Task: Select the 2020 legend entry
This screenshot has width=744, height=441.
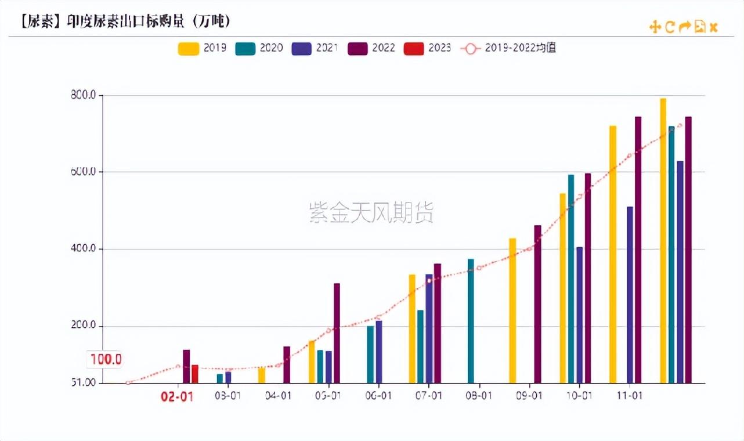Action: pos(259,48)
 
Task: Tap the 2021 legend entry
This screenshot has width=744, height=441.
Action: pos(315,48)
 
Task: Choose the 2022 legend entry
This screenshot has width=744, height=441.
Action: pos(371,48)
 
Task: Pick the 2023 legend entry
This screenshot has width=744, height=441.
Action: pos(428,48)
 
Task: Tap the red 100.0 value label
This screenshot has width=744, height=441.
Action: pos(106,359)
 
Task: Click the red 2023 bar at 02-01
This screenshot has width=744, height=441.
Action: pos(195,374)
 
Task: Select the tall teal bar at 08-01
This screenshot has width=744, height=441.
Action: pos(471,320)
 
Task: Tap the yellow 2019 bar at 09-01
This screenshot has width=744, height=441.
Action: pos(512,310)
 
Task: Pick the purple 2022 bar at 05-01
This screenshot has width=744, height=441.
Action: pos(337,332)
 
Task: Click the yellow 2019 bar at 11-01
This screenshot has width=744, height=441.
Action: pos(613,254)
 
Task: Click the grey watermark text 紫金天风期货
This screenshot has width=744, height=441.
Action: pos(371,213)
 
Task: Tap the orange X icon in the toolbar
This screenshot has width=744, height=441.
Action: pos(714,27)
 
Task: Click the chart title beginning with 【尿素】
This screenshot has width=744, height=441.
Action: pos(125,21)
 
